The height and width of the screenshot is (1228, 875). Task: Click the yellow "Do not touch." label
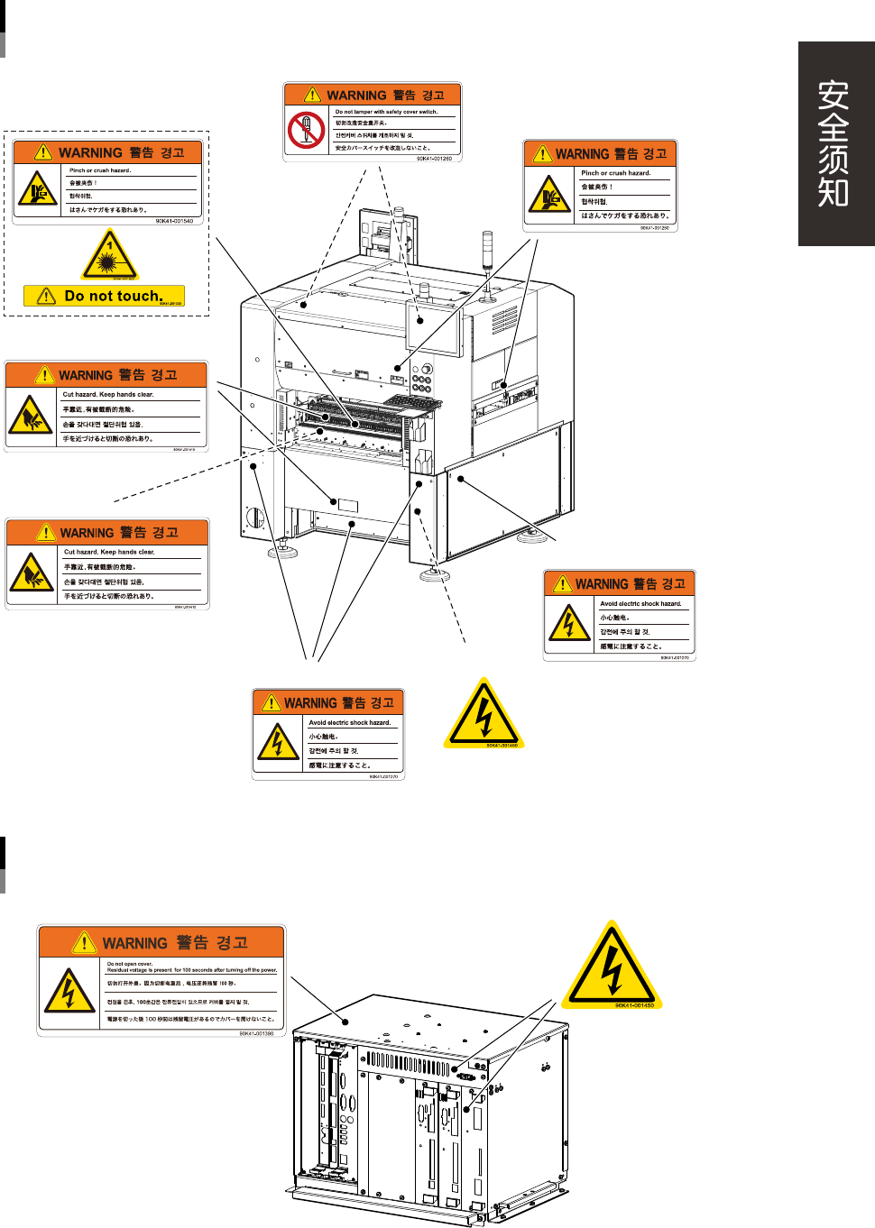click(105, 296)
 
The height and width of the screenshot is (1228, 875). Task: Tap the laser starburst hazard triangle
click(109, 257)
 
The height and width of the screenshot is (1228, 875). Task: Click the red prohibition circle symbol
click(306, 130)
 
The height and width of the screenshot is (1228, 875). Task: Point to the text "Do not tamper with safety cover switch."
click(386, 112)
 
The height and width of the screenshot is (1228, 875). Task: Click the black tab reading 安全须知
click(834, 143)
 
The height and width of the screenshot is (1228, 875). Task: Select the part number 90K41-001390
click(256, 1033)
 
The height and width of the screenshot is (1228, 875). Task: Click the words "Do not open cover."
click(130, 964)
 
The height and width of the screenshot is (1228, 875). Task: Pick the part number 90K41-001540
click(174, 221)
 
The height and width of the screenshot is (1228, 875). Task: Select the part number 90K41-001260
click(434, 159)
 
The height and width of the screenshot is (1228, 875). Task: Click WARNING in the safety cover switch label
click(356, 95)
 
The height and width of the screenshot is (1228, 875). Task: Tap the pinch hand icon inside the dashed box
click(37, 188)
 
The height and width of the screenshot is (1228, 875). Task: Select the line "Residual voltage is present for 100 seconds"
click(191, 970)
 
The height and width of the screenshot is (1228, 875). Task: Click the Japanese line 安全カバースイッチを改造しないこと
click(382, 148)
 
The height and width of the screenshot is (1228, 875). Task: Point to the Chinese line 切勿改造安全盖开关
click(361, 124)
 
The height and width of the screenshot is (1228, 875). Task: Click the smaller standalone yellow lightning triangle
click(484, 715)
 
